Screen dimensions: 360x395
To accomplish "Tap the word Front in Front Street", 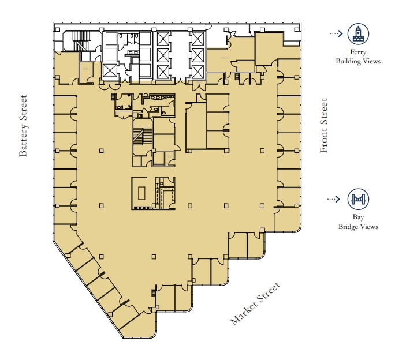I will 324,141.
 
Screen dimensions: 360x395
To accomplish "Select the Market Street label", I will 255,304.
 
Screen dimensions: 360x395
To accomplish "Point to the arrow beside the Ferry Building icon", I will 336,33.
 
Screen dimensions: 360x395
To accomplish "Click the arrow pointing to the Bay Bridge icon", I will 334,200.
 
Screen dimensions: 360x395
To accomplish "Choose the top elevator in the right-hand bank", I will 197,39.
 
